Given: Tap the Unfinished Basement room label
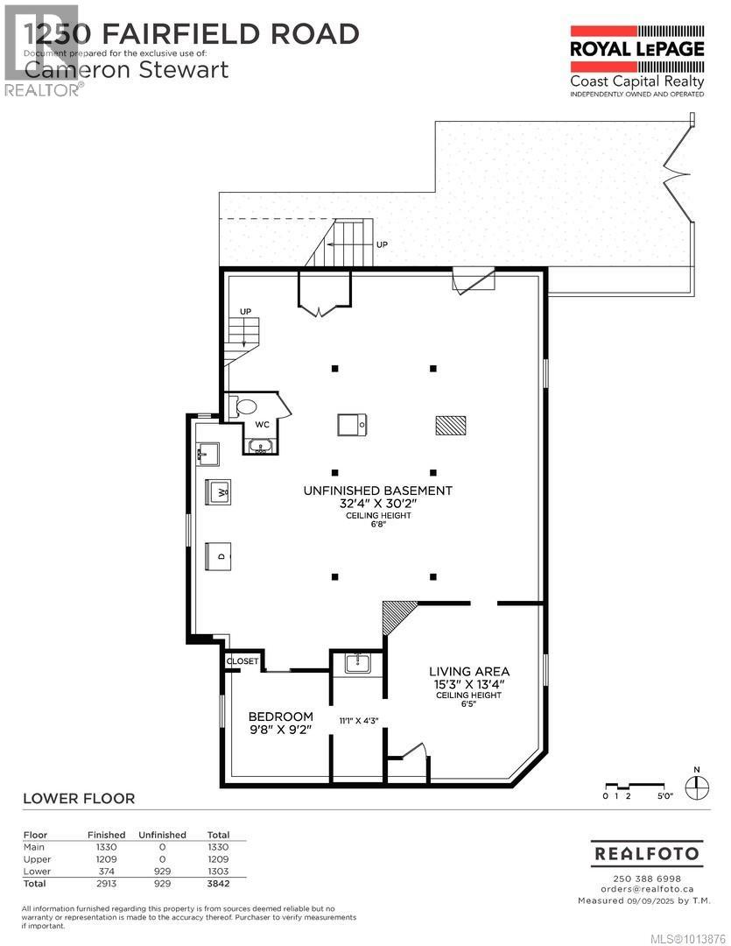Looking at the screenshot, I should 378,491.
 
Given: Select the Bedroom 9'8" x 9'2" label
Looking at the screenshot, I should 281,722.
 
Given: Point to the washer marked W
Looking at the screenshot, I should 218,492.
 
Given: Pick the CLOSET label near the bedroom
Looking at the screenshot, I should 242,662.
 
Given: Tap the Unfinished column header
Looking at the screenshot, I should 162,835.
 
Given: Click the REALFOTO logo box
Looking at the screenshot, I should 646,852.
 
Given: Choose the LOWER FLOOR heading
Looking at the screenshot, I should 78,798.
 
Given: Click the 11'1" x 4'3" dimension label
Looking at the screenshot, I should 357,721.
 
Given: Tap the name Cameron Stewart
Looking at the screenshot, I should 127,68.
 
